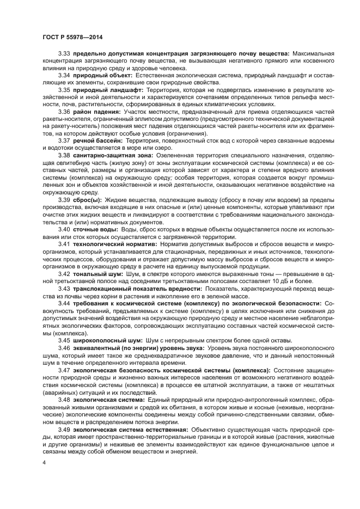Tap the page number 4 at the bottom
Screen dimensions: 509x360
44,462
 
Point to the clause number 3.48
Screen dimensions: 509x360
64,399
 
